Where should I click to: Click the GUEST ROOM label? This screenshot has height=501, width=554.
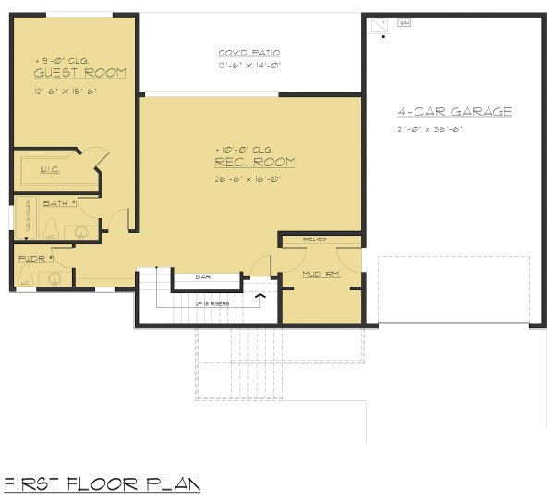tap(80, 73)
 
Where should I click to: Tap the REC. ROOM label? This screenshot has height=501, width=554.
tap(254, 163)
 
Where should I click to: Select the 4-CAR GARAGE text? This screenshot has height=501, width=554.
tap(454, 112)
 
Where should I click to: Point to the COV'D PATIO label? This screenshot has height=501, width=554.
tap(248, 53)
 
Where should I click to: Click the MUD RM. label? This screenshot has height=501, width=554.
tap(320, 274)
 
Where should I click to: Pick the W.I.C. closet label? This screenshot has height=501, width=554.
tap(50, 170)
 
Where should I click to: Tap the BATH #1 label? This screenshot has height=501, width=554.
tap(61, 202)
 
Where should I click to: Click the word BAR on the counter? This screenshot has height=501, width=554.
tap(205, 276)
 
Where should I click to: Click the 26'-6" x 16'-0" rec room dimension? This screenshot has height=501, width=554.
tap(247, 178)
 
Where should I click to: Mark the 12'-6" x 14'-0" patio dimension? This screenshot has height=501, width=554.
tap(248, 67)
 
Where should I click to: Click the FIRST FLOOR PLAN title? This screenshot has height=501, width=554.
tap(102, 483)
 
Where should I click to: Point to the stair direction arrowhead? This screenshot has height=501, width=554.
tap(260, 296)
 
